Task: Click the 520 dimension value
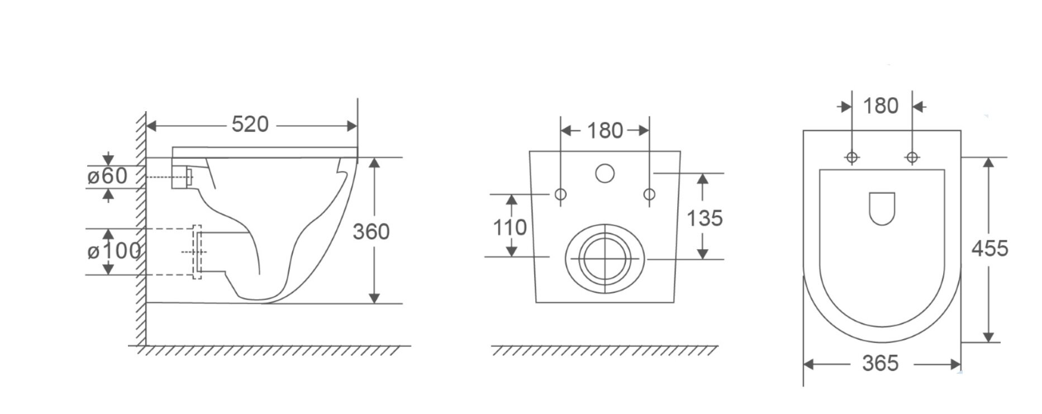(250, 124)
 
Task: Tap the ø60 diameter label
(108, 176)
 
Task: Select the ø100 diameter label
(114, 251)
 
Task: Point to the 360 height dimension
(371, 231)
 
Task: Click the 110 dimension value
(510, 227)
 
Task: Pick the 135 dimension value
(705, 218)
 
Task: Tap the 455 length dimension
(990, 248)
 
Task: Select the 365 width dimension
(881, 363)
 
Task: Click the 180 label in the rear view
(605, 131)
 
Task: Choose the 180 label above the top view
(881, 106)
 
